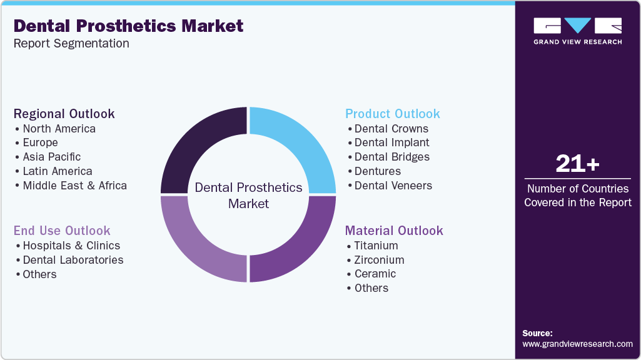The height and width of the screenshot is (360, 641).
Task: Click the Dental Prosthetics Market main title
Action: (128, 26)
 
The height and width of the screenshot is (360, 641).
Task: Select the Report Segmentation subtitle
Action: (71, 44)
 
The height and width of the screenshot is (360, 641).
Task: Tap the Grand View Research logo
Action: (577, 31)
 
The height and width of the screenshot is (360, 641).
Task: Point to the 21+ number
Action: (577, 164)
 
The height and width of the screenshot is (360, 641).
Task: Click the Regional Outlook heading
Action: (64, 114)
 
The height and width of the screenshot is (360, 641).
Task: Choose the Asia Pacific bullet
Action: (52, 157)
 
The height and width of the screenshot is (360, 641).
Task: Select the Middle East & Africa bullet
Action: (74, 186)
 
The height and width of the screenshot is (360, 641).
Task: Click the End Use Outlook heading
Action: (62, 231)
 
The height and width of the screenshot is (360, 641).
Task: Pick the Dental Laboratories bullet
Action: (73, 260)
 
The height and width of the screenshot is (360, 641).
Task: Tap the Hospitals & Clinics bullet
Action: (71, 246)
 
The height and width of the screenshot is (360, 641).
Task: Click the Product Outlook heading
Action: (393, 114)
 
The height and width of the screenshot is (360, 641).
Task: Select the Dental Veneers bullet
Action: (393, 186)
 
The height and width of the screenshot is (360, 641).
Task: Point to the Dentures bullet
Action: (377, 171)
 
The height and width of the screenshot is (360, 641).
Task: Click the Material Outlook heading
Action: (394, 231)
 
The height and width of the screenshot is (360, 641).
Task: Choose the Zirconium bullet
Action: (379, 260)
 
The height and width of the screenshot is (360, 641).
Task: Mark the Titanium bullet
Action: (376, 246)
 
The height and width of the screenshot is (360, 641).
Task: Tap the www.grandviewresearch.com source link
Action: (577, 344)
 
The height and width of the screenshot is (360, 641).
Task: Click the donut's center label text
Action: (248, 196)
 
